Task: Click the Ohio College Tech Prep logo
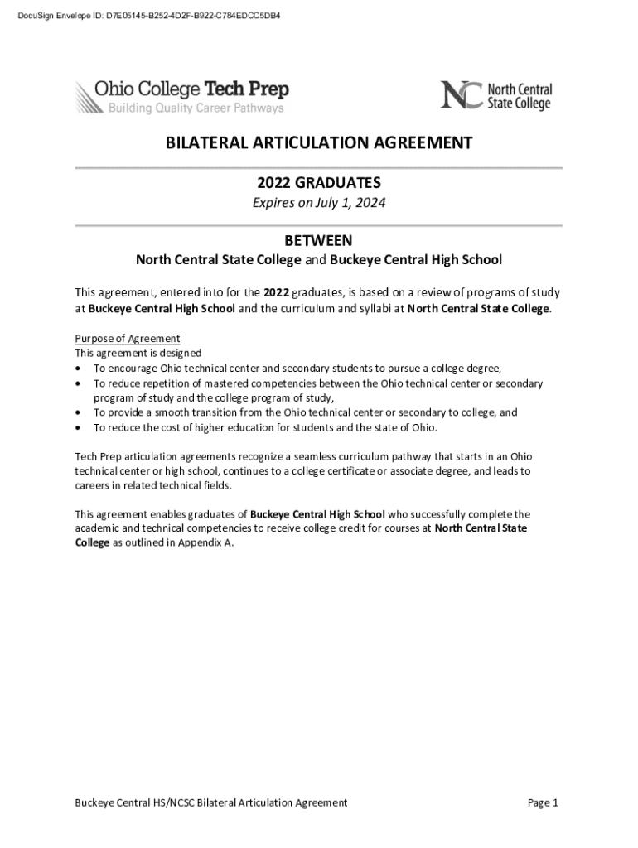tap(182, 97)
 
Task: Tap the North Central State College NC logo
tap(495, 95)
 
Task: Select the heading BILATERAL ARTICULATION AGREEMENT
tap(319, 143)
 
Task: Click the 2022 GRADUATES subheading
tap(319, 182)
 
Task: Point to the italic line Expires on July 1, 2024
tap(319, 203)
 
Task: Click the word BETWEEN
tap(319, 240)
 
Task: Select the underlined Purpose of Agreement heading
tap(128, 339)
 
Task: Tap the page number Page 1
tap(544, 802)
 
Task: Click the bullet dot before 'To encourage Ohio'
tap(79, 369)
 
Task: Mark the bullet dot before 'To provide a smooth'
tap(79, 412)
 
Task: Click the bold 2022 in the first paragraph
tap(276, 292)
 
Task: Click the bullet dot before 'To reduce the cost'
tap(79, 428)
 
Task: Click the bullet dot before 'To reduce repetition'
tap(79, 384)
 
